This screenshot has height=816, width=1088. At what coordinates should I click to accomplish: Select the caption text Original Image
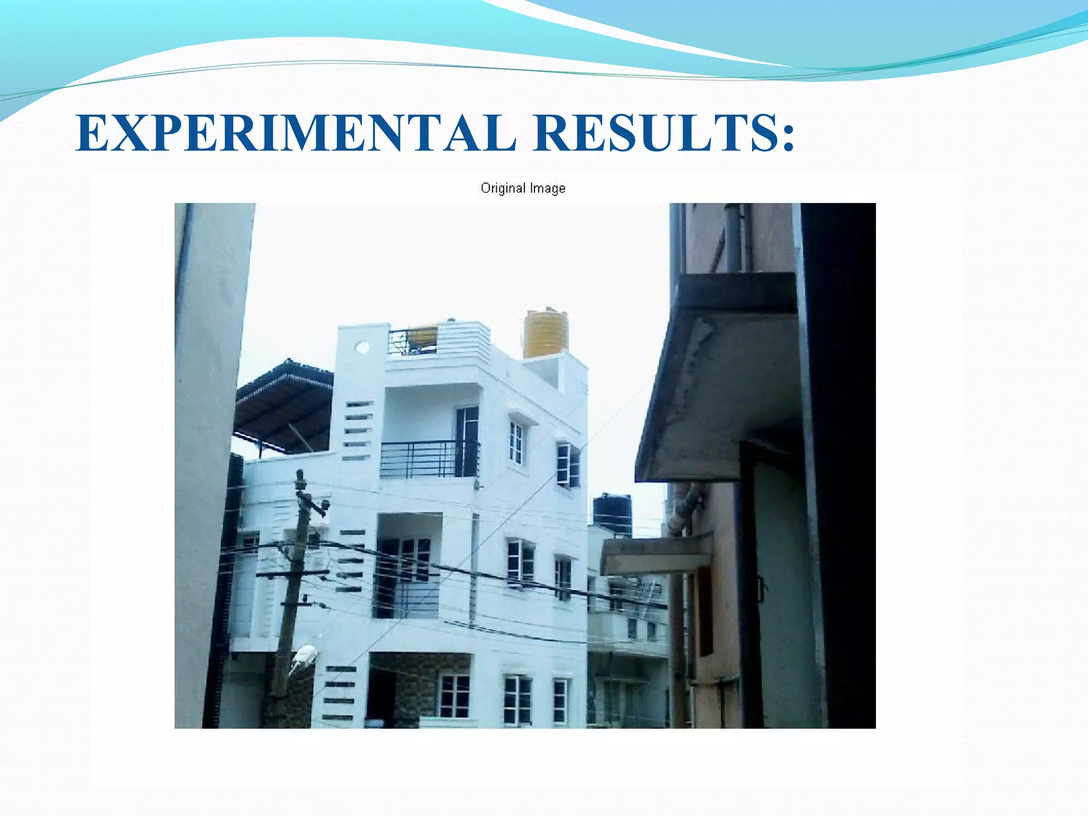pos(523,188)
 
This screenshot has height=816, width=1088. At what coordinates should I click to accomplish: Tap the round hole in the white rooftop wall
pos(362,347)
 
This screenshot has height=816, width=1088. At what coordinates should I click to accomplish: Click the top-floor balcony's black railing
pos(429,459)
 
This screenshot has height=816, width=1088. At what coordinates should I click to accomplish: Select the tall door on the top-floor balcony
pos(467,441)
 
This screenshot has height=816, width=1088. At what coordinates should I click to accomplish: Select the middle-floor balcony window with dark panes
pos(415,558)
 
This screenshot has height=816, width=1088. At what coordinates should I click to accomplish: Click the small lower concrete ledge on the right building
pos(656,555)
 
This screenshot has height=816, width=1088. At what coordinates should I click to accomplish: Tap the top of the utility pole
pos(300,478)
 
